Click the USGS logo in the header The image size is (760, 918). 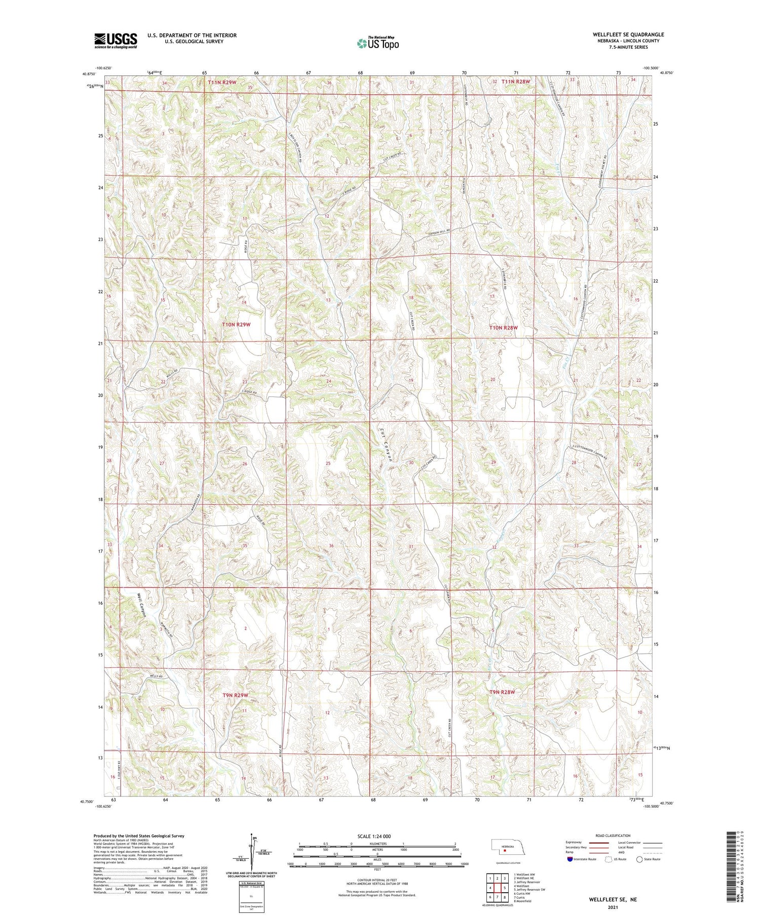[116, 41]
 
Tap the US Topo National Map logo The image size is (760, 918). [377, 43]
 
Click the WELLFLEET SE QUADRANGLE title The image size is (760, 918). [628, 34]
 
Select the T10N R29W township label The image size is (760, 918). [236, 324]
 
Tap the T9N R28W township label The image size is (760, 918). [502, 692]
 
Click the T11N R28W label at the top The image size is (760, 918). [515, 82]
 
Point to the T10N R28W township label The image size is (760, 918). [503, 328]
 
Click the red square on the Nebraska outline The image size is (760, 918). [505, 851]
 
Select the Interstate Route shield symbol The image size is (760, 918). [570, 859]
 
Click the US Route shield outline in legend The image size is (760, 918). [609, 859]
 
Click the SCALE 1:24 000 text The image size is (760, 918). [374, 836]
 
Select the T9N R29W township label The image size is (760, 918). [235, 695]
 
